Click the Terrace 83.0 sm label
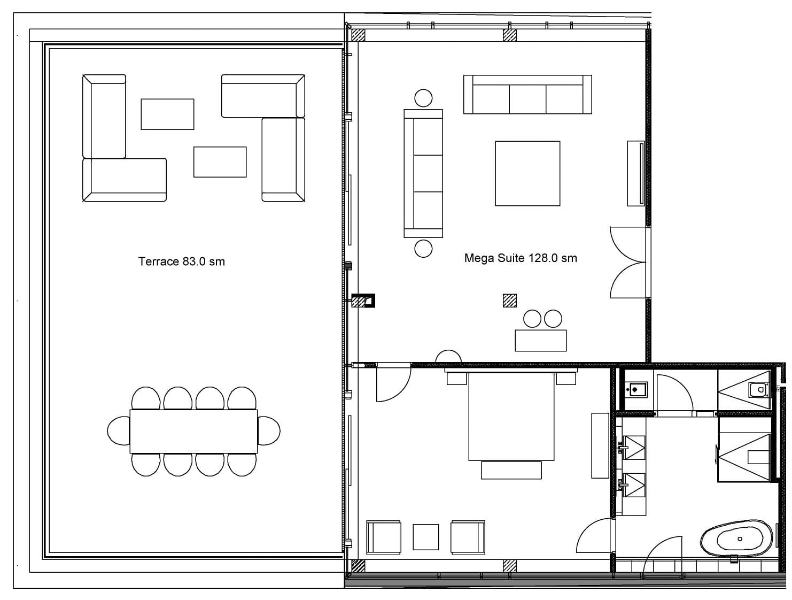pyautogui.click(x=182, y=261)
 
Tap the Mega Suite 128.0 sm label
pyautogui.click(x=521, y=258)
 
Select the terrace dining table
pyautogui.click(x=194, y=431)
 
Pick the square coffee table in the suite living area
pyautogui.click(x=527, y=173)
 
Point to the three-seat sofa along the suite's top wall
pyautogui.click(x=527, y=94)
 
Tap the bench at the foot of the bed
pyautogui.click(x=511, y=470)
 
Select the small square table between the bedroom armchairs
pyautogui.click(x=426, y=537)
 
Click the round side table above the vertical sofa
pyautogui.click(x=423, y=98)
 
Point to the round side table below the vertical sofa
pyautogui.click(x=423, y=248)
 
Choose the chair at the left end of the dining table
pyautogui.click(x=119, y=430)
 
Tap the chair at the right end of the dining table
pyautogui.click(x=269, y=430)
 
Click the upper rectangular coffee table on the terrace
pyautogui.click(x=167, y=114)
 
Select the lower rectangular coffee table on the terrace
pyautogui.click(x=220, y=161)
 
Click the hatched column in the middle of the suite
pyautogui.click(x=509, y=301)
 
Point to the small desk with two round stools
pyautogui.click(x=540, y=340)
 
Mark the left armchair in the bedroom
pyautogui.click(x=384, y=537)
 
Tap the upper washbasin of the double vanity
pyautogui.click(x=634, y=447)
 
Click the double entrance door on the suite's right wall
pyautogui.click(x=628, y=263)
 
